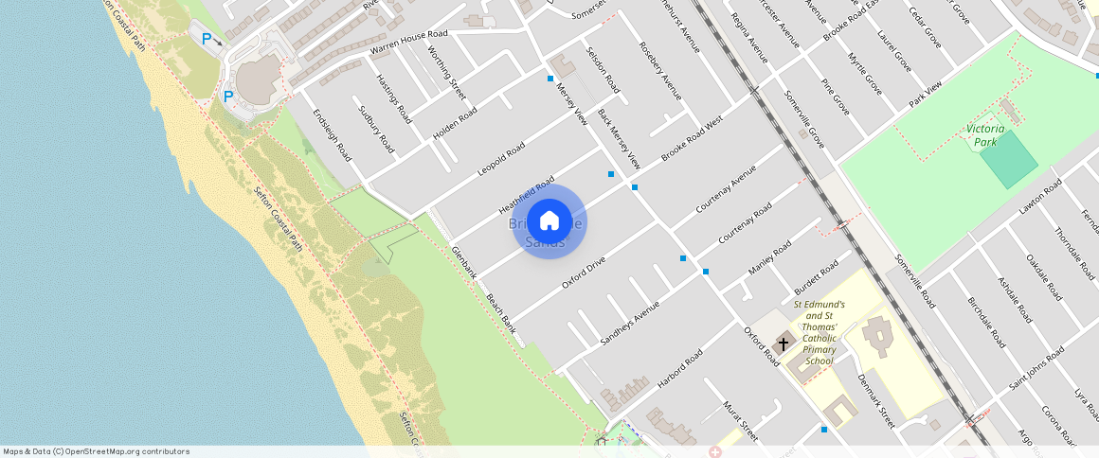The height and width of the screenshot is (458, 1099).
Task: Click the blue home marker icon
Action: click(x=549, y=222)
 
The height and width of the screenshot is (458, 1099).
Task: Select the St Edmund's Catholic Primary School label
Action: click(x=819, y=332)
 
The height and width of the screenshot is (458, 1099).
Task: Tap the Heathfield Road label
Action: click(x=527, y=196)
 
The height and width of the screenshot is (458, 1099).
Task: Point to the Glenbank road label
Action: click(x=464, y=262)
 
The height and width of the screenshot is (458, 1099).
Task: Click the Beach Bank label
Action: click(x=501, y=314)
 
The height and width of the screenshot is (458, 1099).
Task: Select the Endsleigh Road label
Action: click(x=333, y=134)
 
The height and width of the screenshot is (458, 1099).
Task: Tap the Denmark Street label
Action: click(x=875, y=400)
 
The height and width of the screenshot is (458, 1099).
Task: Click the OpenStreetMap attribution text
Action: click(x=96, y=451)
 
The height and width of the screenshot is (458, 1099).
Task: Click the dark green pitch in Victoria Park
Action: click(x=1008, y=159)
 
